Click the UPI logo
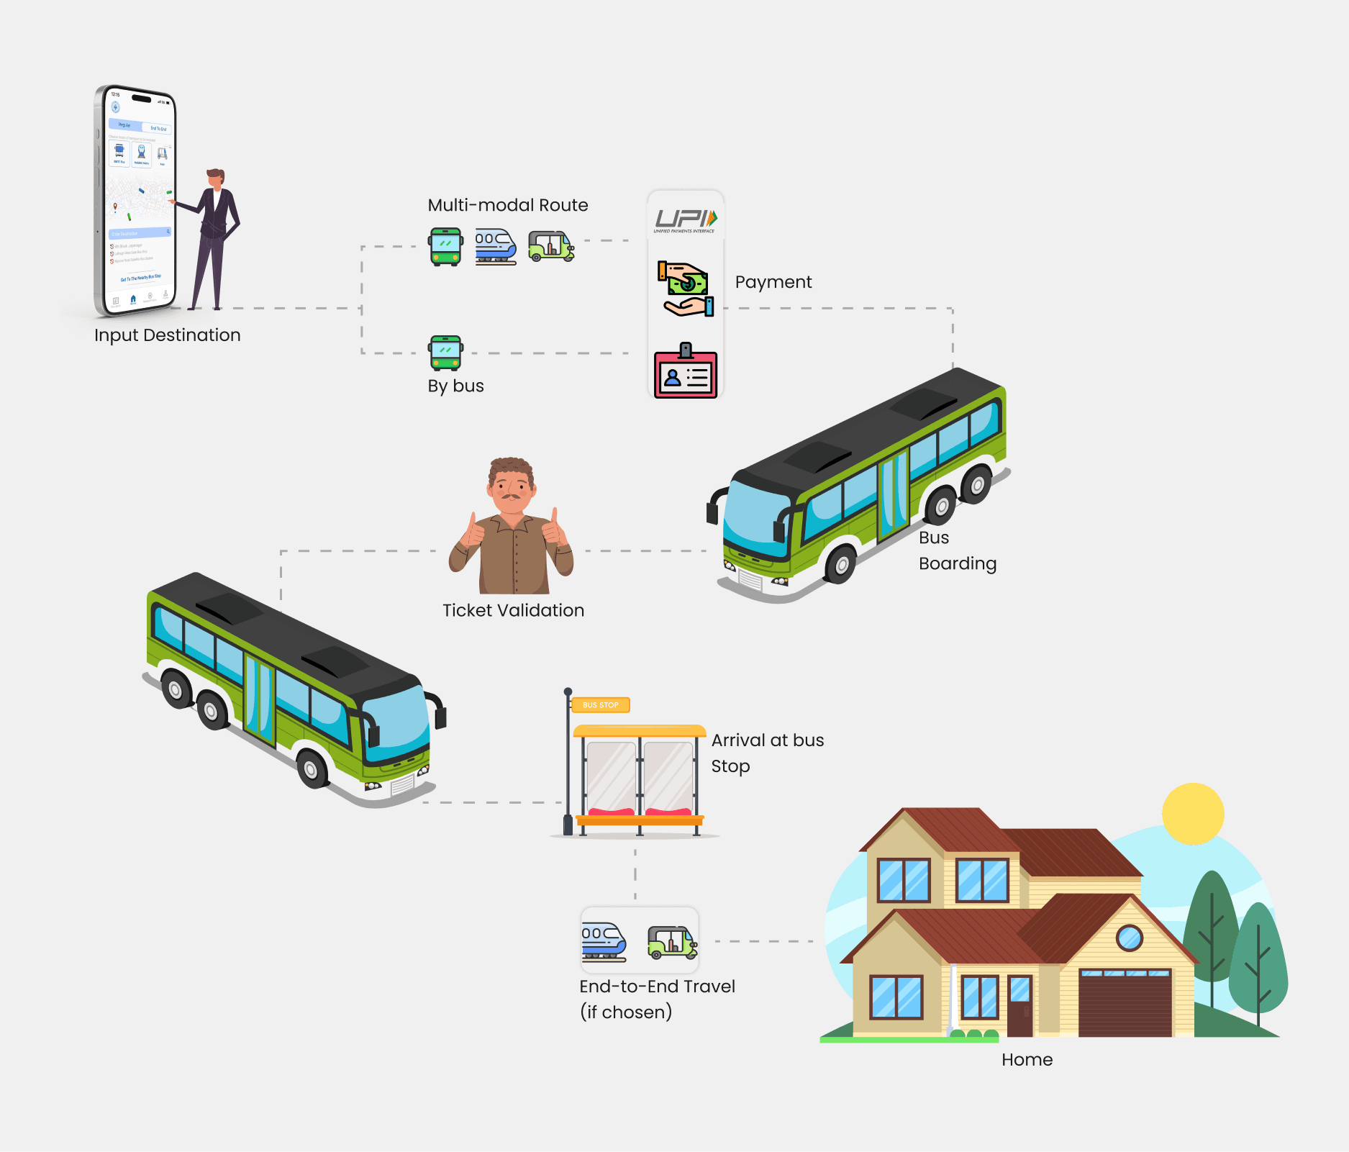(x=685, y=219)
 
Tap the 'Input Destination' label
(x=167, y=335)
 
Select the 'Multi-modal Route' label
(x=507, y=205)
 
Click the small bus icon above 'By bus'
(x=445, y=353)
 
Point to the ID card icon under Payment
(x=686, y=372)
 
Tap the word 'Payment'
(x=773, y=282)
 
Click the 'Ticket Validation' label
(x=513, y=610)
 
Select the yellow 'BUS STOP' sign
(x=600, y=705)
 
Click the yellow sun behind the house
(x=1192, y=813)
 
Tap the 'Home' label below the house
(x=1027, y=1060)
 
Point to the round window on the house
(x=1129, y=937)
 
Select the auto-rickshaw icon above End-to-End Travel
(x=672, y=941)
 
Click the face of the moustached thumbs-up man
(x=511, y=490)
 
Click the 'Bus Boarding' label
(x=957, y=550)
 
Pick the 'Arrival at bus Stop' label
(x=767, y=753)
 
